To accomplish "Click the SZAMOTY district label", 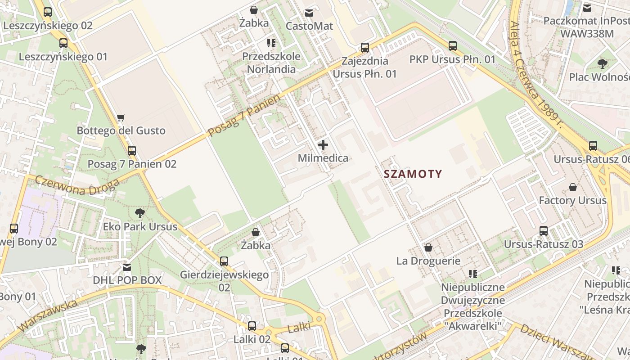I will click(x=413, y=174).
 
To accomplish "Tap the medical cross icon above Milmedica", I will click(x=323, y=145).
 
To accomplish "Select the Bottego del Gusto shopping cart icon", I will click(x=121, y=118).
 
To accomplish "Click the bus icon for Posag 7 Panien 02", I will click(x=131, y=151).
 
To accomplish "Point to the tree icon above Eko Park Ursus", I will click(x=140, y=213).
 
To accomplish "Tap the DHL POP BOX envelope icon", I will click(x=127, y=267).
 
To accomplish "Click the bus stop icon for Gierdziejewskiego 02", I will click(x=224, y=261).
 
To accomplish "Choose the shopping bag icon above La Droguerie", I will click(x=428, y=247).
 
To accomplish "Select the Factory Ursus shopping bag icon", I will click(x=572, y=187).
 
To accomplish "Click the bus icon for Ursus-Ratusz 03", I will click(x=543, y=231).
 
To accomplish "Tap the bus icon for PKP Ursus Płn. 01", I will click(x=452, y=46).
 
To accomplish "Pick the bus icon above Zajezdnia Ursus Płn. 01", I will click(x=365, y=47).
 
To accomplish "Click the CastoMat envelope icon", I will click(x=309, y=13).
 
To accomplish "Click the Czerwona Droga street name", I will click(x=77, y=186).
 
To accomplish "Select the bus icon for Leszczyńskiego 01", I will click(x=63, y=43).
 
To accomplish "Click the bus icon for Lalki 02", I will click(x=252, y=326).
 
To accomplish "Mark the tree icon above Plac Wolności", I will click(x=602, y=64).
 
